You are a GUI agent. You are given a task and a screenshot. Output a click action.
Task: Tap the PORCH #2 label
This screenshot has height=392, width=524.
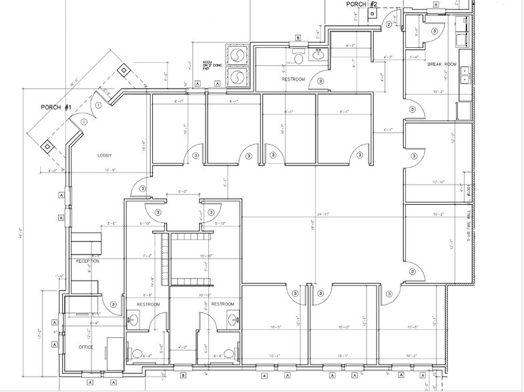coord(362,5)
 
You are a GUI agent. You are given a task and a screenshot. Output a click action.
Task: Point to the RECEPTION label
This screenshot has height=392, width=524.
coord(87,261)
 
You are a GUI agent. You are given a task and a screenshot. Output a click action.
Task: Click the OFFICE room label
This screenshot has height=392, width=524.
coord(85,347)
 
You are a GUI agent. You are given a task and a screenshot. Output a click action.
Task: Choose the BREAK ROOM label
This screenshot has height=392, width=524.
coord(441,64)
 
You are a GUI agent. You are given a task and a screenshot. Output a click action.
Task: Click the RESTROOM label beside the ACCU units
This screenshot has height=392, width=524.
coord(294,79)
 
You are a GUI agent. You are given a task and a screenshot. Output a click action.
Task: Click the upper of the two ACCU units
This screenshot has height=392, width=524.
coord(238,56)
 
